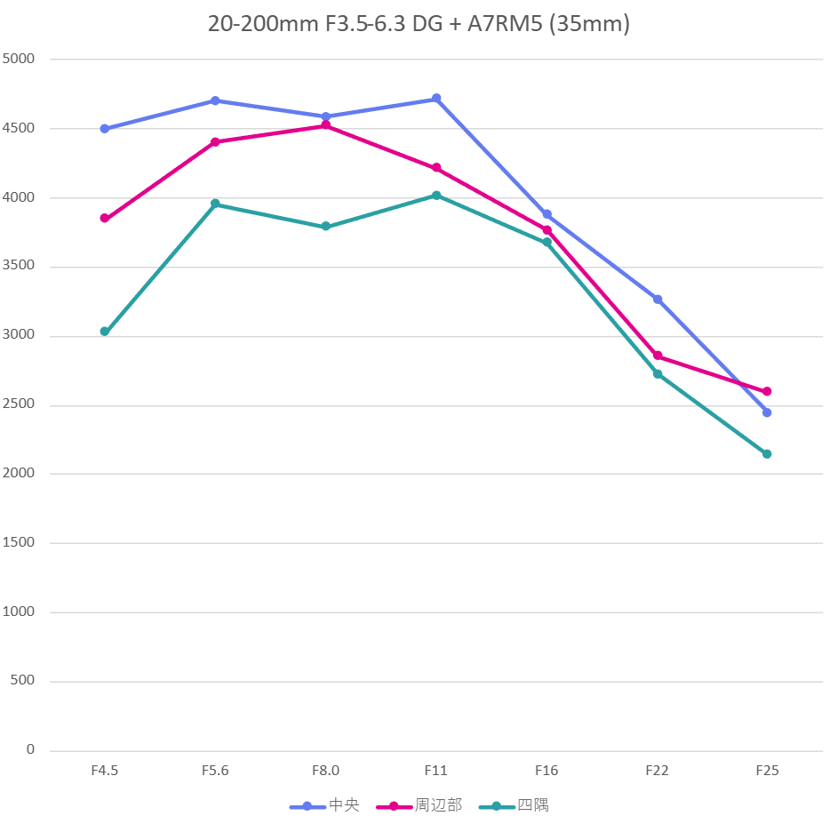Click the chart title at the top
pos(418,24)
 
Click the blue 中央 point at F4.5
pos(105,129)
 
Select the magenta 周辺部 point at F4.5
pos(105,218)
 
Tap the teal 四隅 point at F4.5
pos(105,332)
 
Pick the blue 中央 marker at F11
pos(436,99)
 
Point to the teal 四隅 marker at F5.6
pos(215,204)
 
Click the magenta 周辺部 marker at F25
pos(767,391)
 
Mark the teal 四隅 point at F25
pos(767,454)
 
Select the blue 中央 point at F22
pos(658,300)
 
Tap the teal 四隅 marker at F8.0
pos(326,227)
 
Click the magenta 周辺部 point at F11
pos(436,168)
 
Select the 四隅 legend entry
pos(514,806)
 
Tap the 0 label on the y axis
pos(30,750)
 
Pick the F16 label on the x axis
pos(546,771)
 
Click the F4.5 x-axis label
pos(105,771)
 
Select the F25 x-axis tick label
pos(767,771)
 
